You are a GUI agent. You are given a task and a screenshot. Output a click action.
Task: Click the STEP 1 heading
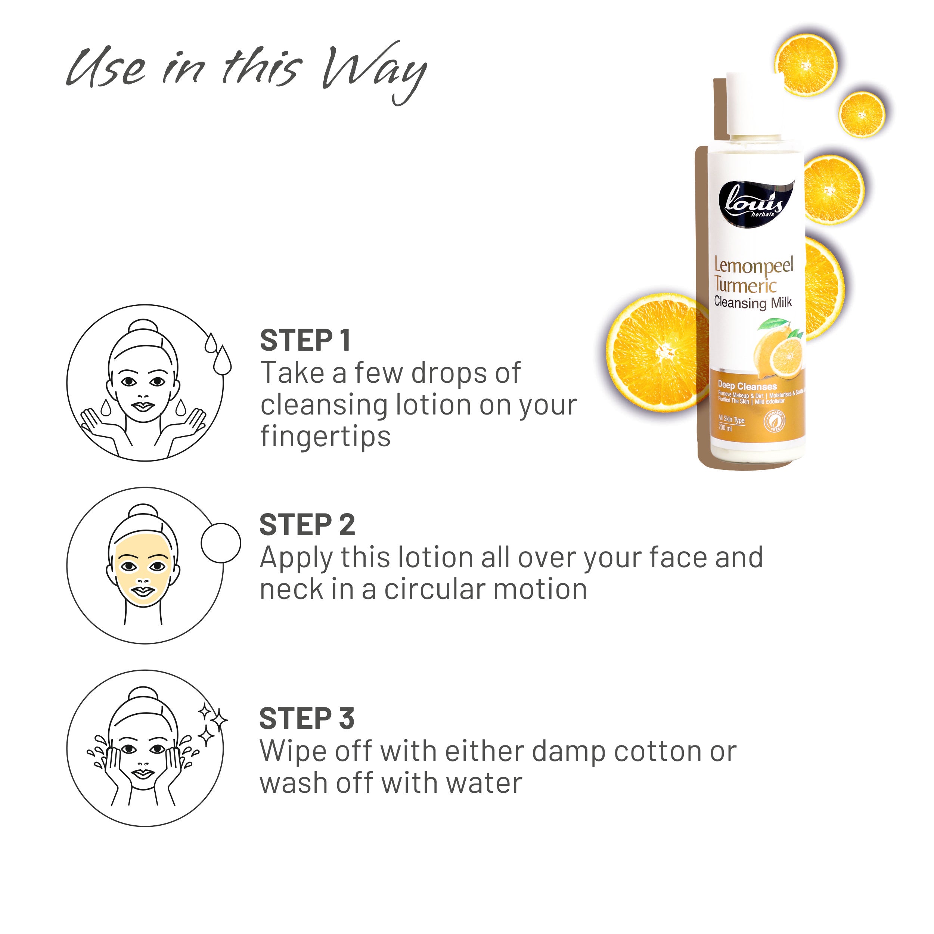[305, 341]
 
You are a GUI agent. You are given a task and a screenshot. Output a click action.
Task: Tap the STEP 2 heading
[307, 525]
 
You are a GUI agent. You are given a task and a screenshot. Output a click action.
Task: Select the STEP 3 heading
[307, 719]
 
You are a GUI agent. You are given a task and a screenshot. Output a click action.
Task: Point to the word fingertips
[325, 437]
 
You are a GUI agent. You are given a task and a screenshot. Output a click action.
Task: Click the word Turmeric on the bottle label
[745, 286]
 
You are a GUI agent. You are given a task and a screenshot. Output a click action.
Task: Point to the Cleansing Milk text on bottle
[753, 303]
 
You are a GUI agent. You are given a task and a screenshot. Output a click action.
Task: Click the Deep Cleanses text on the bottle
[747, 386]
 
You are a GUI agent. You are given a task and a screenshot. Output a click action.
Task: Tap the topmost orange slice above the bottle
[806, 65]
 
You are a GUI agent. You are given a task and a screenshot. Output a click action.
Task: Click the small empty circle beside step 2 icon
[220, 543]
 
